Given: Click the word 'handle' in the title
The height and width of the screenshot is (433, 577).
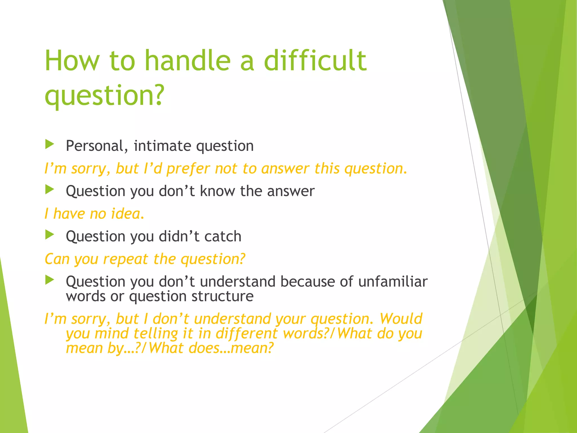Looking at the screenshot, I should (187, 61).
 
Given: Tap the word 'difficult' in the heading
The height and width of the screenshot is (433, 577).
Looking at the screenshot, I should (315, 61).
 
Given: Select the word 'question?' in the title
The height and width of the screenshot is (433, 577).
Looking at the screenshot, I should (104, 95).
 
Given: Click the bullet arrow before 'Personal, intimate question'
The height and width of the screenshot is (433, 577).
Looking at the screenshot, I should (50, 145).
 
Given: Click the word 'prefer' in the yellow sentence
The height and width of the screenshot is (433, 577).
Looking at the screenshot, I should (188, 169).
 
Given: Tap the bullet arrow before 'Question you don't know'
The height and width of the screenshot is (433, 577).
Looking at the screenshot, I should (50, 190).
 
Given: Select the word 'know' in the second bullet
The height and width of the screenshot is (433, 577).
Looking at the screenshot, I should (217, 191).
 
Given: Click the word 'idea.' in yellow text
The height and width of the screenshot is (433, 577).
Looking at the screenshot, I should (128, 214).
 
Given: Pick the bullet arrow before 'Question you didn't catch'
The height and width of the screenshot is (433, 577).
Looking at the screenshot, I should (50, 235).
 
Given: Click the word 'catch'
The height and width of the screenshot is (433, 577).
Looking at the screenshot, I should (223, 236).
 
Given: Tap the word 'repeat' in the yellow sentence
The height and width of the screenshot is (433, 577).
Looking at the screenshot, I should (125, 259).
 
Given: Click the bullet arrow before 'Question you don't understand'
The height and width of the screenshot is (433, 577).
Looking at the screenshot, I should (50, 280).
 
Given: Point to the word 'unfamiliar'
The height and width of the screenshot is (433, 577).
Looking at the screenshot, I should (393, 281).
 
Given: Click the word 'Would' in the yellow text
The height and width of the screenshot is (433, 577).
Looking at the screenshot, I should (401, 319).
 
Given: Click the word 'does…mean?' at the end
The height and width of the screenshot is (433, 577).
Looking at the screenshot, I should (231, 348).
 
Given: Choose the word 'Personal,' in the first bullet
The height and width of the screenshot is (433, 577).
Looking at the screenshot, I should (95, 146).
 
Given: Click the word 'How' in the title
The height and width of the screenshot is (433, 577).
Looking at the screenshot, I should (72, 61).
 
